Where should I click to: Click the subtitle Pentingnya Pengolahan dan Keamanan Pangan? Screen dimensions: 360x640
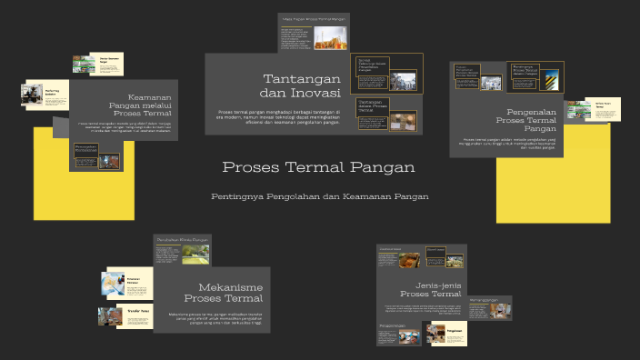tap(319, 196)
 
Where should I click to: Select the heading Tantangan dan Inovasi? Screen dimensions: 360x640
tap(300, 85)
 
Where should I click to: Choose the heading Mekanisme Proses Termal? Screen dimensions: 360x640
tap(223, 292)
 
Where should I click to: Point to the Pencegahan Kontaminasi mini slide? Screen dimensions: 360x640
tap(97, 156)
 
